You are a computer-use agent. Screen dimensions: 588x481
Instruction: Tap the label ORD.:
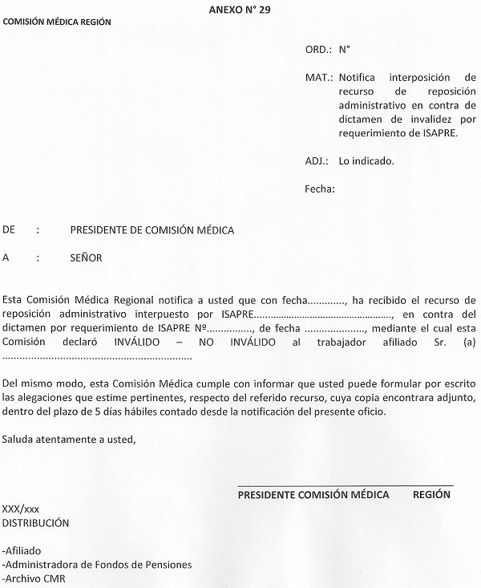[318, 50]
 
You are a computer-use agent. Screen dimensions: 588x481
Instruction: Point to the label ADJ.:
[318, 160]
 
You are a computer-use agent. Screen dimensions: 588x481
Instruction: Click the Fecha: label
[320, 189]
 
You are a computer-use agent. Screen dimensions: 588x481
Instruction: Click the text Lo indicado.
[366, 160]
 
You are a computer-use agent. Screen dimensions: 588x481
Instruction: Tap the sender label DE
[10, 230]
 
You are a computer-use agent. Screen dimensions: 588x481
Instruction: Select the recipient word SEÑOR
[87, 258]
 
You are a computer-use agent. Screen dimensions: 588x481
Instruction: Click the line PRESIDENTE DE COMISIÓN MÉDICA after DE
[152, 230]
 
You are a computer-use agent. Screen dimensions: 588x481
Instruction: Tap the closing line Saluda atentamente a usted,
[70, 440]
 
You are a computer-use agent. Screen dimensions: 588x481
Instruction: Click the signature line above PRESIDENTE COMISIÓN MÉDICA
[345, 485]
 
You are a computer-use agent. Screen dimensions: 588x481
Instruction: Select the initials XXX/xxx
[22, 509]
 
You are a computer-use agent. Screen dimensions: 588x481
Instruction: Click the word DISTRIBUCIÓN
[36, 523]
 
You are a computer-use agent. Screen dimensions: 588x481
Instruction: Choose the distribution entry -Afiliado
[22, 551]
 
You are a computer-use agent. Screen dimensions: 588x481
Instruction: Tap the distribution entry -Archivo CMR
[34, 578]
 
